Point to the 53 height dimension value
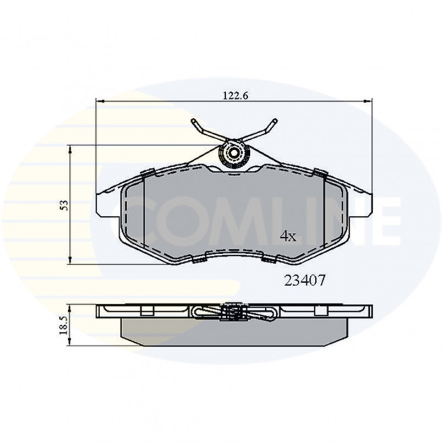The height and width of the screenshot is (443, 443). tap(64, 205)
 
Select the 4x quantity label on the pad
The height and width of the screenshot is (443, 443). tap(288, 237)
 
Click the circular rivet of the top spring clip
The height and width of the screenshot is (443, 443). tap(233, 153)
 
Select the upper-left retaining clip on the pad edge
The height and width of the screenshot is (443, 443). tap(147, 173)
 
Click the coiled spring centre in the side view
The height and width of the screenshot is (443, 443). tap(233, 313)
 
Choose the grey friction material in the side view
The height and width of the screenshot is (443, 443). tap(233, 332)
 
